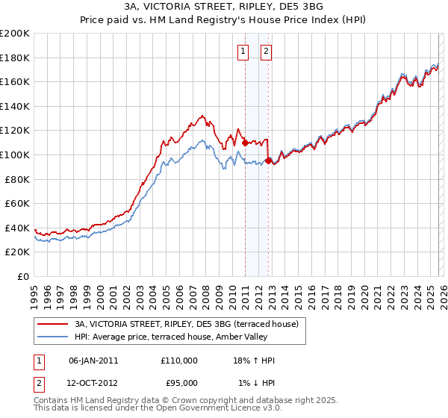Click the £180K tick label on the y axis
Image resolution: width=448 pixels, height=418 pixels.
tap(15, 57)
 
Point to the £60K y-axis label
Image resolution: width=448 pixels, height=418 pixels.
tap(17, 203)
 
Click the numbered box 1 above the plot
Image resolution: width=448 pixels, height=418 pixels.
tap(243, 52)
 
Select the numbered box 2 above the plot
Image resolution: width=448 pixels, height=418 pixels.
tap(266, 52)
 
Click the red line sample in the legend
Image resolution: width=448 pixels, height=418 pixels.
tap(54, 324)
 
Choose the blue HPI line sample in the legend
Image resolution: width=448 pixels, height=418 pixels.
tap(54, 337)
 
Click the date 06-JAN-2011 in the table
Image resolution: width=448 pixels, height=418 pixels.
tap(93, 361)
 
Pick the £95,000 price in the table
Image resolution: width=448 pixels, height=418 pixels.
tap(179, 383)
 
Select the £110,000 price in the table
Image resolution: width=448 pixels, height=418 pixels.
tap(179, 361)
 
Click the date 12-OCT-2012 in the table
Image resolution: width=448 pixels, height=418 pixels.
tap(93, 383)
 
